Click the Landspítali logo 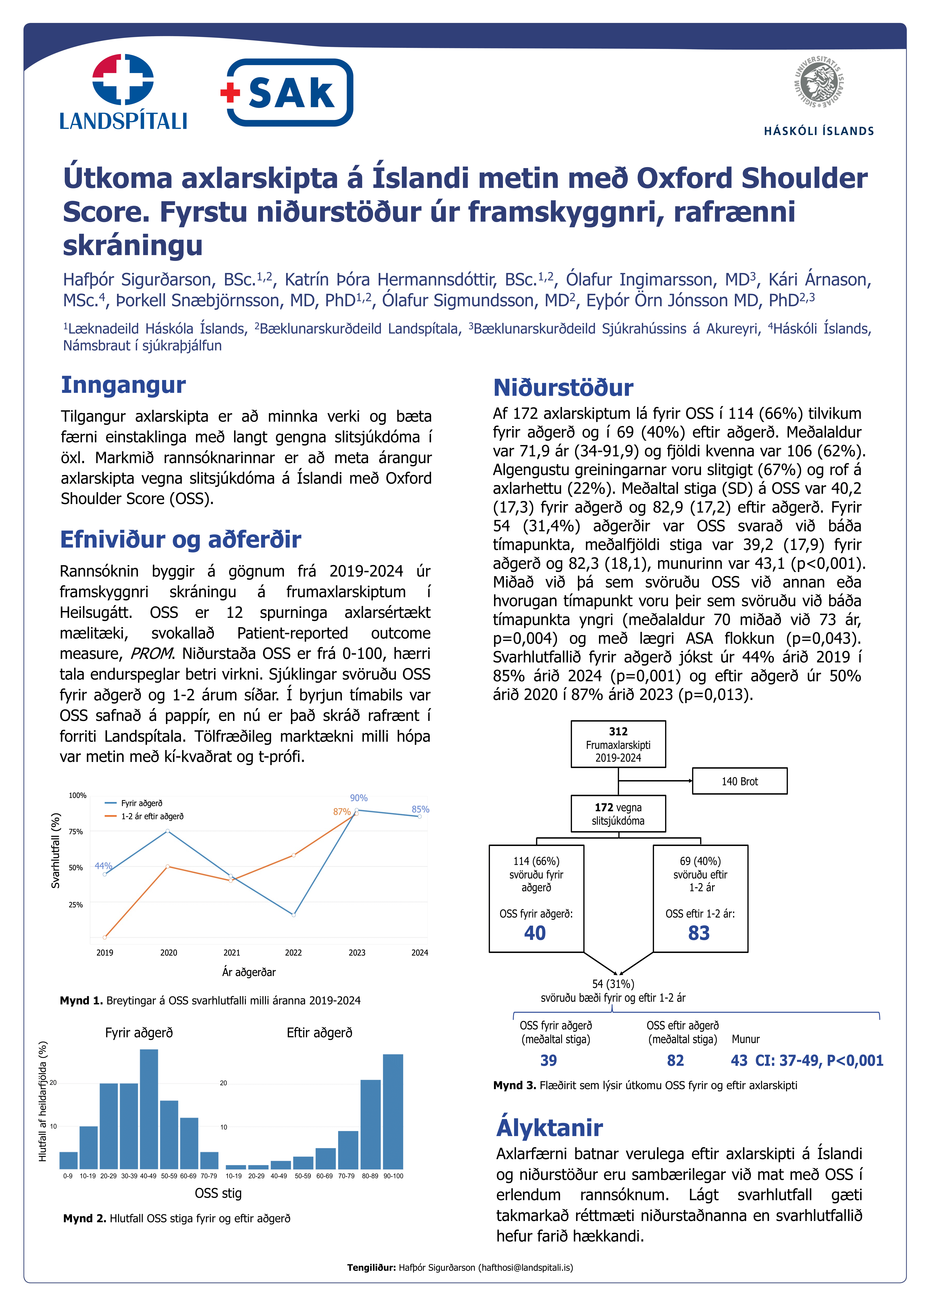[x=123, y=91]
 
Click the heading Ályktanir [x=549, y=1128]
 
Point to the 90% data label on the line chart [x=359, y=798]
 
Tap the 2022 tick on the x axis [x=293, y=952]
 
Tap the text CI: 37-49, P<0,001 [x=819, y=1060]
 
